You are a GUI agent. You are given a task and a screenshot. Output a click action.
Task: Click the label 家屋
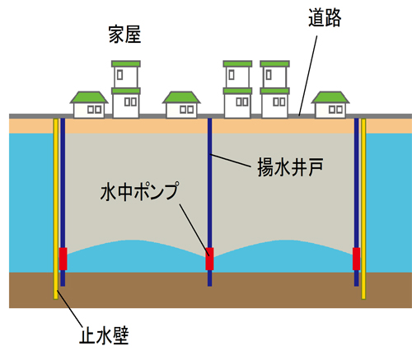124,35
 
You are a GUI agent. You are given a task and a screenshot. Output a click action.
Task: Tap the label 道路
325,18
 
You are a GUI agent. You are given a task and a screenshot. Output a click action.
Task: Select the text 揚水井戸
290,167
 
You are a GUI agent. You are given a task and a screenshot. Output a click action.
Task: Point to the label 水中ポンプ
139,191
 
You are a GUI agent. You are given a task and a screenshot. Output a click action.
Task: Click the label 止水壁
104,335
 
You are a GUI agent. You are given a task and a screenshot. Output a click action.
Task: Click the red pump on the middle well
209,259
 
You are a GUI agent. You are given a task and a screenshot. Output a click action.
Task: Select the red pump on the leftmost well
63,259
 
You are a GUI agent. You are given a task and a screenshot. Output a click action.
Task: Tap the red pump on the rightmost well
356,259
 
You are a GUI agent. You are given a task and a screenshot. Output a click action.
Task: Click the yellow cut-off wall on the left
56,208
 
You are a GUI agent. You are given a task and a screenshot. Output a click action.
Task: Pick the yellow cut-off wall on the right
363,208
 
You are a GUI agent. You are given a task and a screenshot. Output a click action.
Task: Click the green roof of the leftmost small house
89,97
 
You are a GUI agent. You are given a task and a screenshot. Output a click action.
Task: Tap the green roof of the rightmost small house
330,97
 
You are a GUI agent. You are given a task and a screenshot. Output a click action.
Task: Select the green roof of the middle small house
181,97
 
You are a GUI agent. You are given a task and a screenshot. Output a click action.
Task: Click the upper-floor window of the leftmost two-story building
119,75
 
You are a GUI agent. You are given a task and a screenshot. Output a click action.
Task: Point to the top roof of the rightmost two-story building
274,63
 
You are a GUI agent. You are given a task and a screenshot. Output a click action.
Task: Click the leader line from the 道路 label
308,76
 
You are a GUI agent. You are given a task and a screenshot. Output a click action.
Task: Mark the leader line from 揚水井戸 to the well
230,160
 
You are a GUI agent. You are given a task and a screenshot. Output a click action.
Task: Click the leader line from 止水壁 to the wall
69,308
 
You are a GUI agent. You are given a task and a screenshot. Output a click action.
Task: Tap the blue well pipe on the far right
357,202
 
